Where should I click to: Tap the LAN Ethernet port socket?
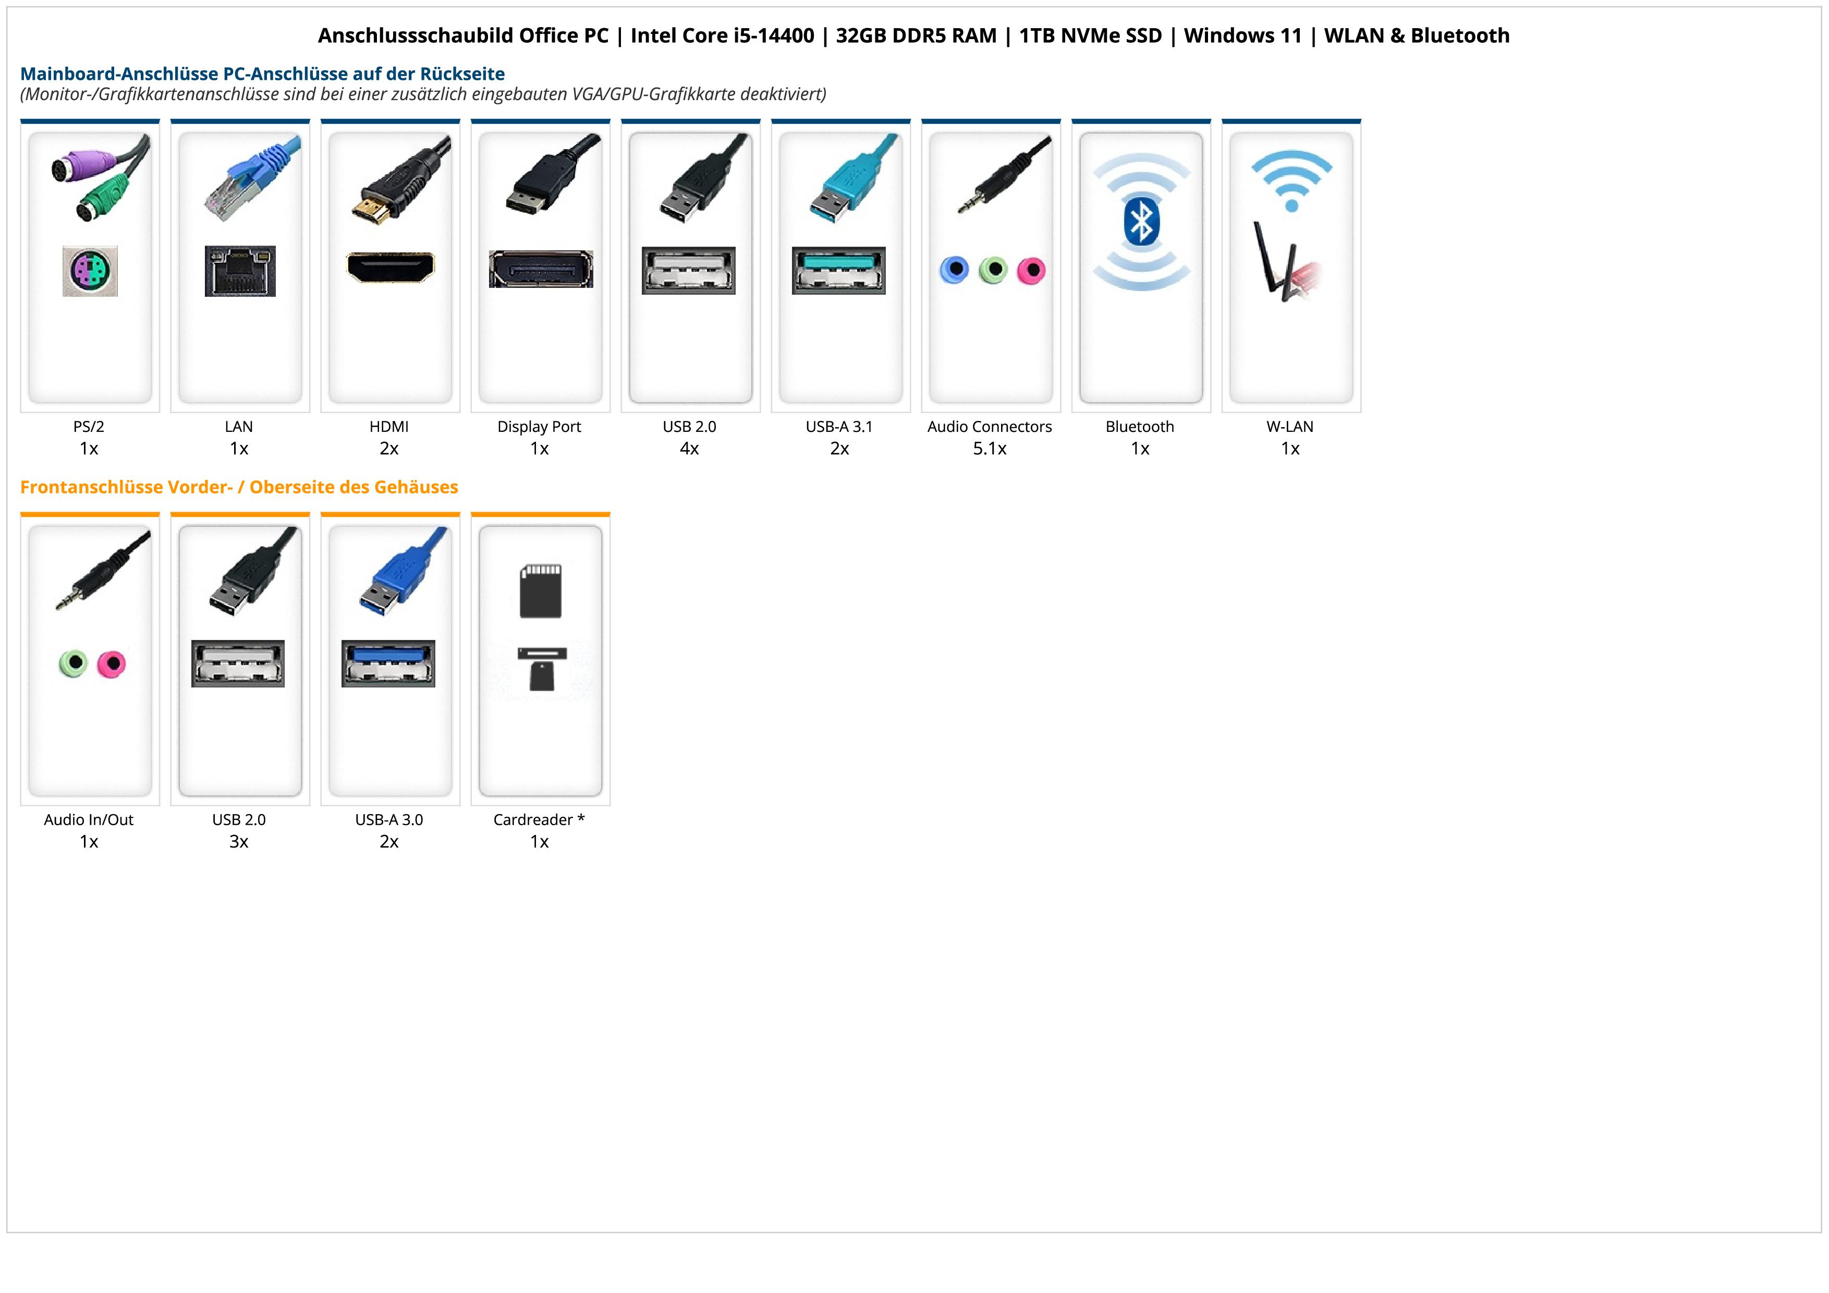[x=240, y=271]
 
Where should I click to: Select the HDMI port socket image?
[x=391, y=267]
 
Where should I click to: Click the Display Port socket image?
[x=541, y=269]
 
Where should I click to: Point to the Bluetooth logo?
[x=1141, y=222]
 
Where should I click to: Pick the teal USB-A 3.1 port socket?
[x=839, y=270]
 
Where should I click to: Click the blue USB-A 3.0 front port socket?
[x=389, y=663]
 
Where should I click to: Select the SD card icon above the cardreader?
[x=541, y=591]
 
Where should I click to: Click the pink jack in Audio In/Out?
[x=112, y=663]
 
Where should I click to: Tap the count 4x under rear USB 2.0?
[x=689, y=449]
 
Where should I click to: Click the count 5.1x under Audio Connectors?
[x=990, y=449]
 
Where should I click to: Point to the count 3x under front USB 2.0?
[x=239, y=841]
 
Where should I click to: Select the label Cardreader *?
[x=539, y=820]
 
